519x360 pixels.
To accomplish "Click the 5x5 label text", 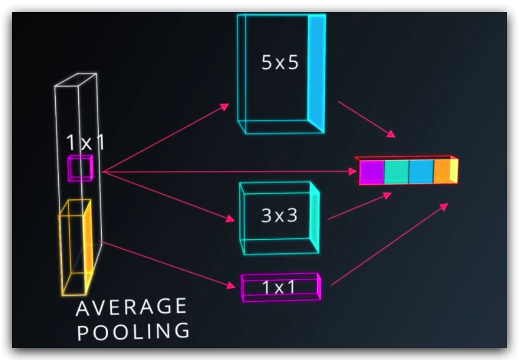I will tap(280, 62).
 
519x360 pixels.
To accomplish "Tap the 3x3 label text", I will tap(279, 215).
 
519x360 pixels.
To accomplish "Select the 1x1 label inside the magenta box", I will tap(279, 287).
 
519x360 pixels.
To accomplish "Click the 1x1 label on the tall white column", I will tap(85, 143).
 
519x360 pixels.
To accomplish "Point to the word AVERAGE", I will tap(131, 308).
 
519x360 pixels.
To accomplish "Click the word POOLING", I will tap(133, 332).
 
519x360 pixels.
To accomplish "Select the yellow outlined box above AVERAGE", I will tap(75, 245).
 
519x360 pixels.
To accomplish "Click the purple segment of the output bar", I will tap(372, 172).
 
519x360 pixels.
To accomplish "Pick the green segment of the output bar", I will tap(397, 172).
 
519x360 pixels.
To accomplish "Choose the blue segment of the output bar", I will tap(421, 172).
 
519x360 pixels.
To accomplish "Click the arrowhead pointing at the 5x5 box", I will tap(226, 107).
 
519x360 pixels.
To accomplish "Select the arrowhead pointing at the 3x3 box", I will tap(230, 219).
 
